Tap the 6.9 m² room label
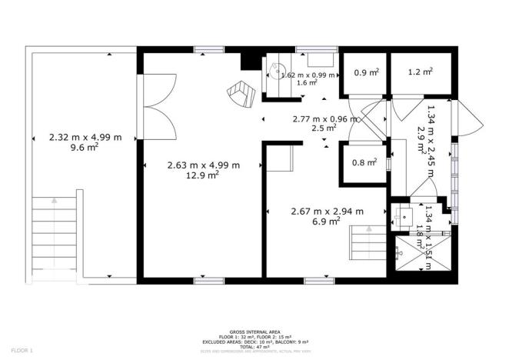[x=326, y=222]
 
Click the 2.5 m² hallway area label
[x=326, y=128]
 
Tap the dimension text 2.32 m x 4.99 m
[x=85, y=138]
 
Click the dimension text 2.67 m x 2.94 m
[x=326, y=211]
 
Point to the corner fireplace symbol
[x=241, y=93]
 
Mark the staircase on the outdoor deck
[x=55, y=231]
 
